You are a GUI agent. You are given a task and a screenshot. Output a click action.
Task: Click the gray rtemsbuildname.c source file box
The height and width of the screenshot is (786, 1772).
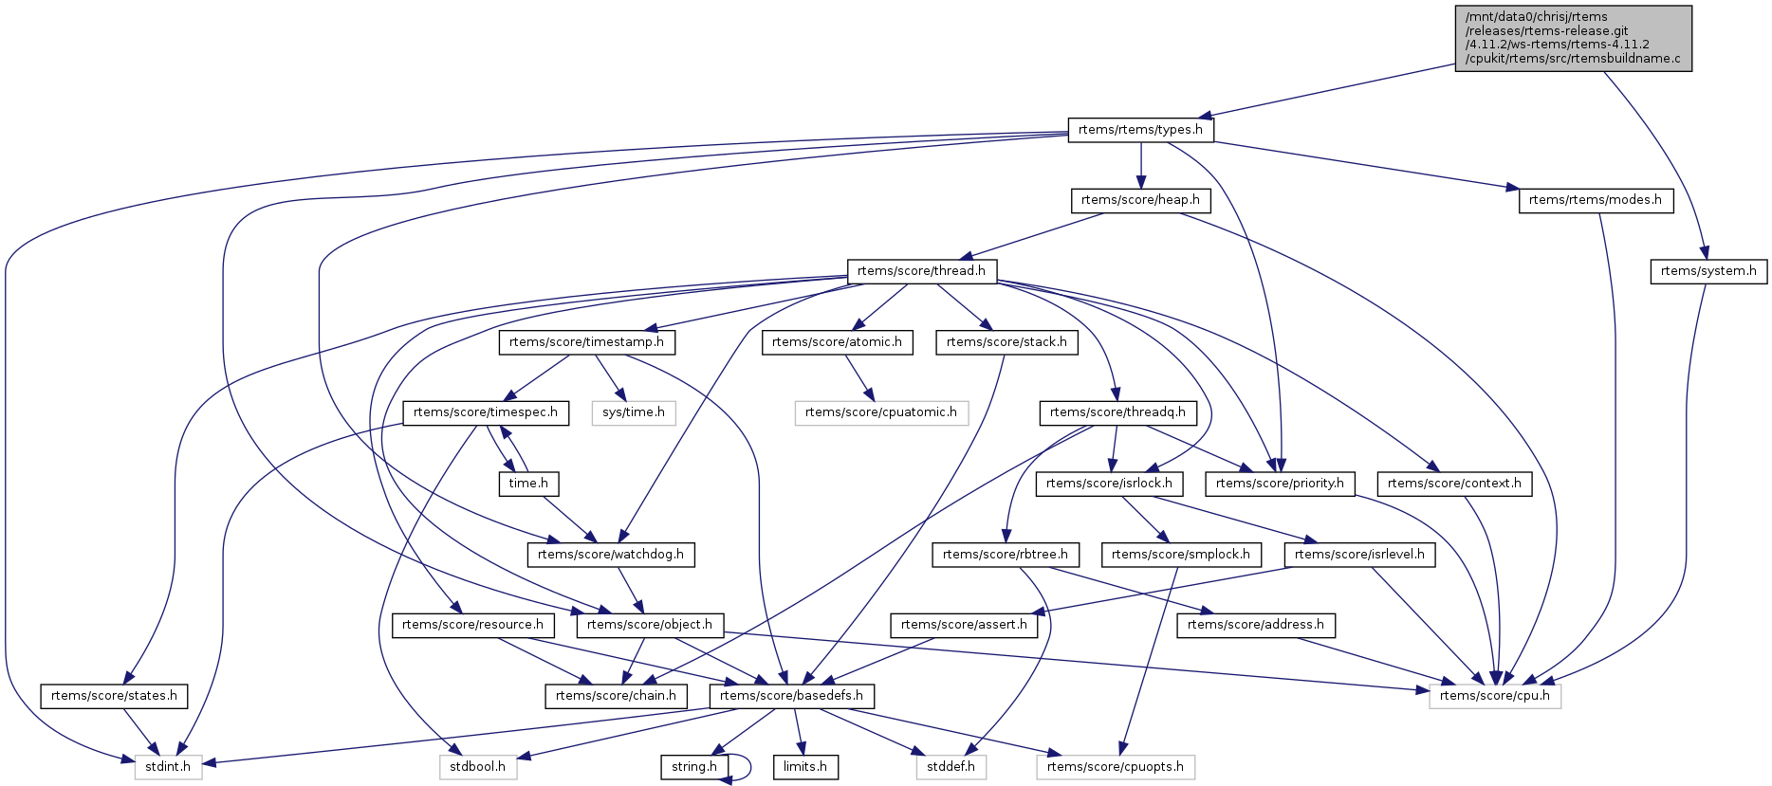tap(1573, 38)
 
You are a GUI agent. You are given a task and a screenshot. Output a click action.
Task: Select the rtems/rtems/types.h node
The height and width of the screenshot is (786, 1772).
tap(1140, 130)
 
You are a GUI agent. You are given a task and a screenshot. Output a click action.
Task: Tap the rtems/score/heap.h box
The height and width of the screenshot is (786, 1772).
tap(1140, 200)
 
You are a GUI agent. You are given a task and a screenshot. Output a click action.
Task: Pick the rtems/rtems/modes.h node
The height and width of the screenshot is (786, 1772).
tap(1595, 200)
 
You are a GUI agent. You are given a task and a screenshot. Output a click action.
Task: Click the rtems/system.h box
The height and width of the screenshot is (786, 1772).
tap(1707, 271)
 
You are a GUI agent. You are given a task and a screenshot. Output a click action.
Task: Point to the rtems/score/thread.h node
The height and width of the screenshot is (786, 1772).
tap(921, 271)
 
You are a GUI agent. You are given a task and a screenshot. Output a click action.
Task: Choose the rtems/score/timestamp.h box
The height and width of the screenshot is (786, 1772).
tap(586, 342)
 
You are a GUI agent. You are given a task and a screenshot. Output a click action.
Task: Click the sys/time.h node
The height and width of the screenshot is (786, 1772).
tap(634, 412)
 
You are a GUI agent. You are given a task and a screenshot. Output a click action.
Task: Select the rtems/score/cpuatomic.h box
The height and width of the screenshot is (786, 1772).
tap(880, 412)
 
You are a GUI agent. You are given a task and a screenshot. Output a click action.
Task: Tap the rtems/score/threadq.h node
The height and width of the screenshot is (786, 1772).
tap(1117, 412)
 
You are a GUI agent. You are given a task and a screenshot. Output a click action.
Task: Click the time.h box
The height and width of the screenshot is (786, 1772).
tap(528, 484)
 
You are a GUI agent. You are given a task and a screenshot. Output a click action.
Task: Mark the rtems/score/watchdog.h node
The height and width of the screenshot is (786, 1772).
tap(610, 555)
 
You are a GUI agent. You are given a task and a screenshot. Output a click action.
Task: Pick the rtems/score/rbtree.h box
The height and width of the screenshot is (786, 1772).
tap(1005, 555)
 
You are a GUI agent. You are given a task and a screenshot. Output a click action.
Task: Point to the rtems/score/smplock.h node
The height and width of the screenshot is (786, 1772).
tap(1180, 555)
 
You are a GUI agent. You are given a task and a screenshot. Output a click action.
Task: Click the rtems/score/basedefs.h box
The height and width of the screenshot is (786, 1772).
tap(791, 696)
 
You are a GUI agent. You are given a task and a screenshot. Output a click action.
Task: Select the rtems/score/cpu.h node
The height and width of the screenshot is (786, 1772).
tap(1494, 696)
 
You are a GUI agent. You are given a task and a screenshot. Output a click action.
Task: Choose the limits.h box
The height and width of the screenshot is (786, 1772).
tap(805, 767)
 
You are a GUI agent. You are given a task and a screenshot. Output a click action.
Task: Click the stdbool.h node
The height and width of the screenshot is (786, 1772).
tap(477, 767)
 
